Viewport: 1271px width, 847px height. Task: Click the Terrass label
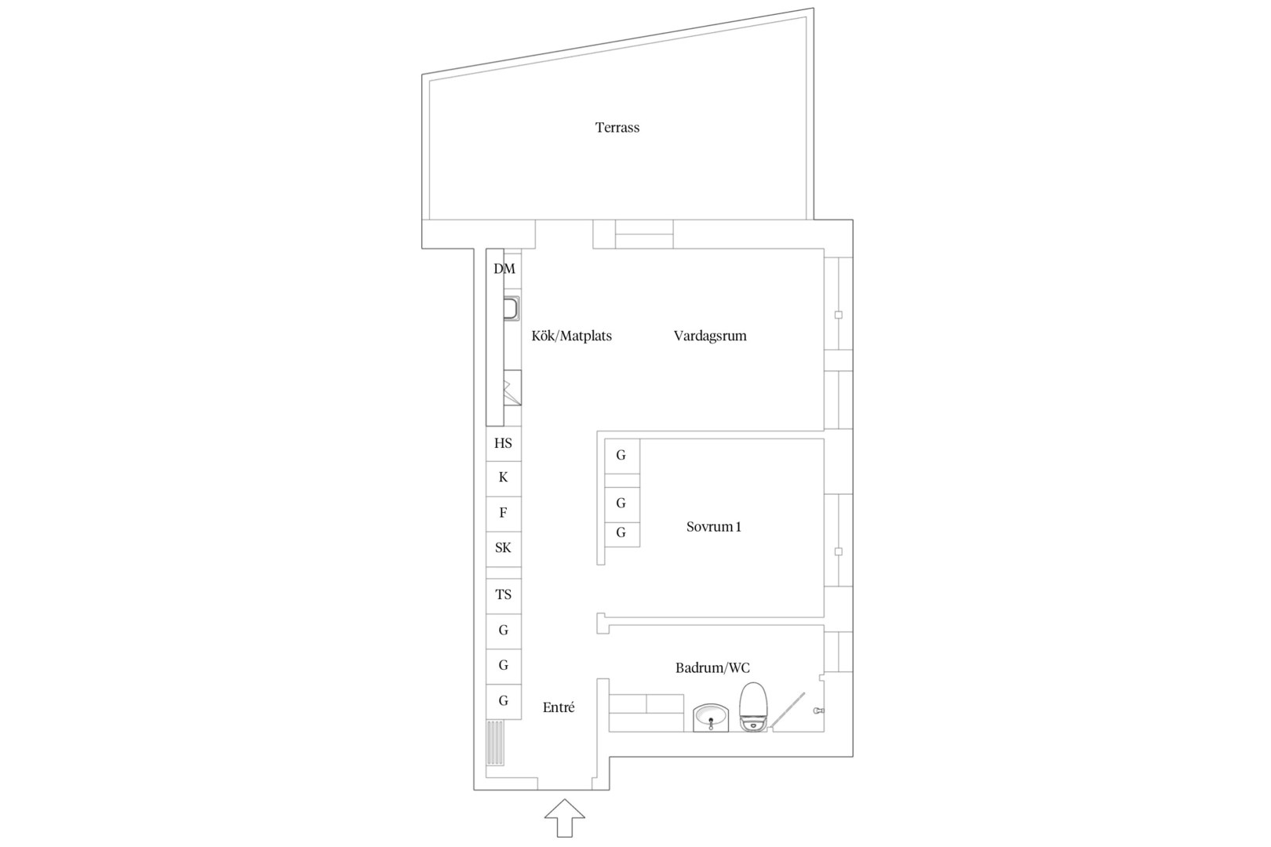tap(617, 128)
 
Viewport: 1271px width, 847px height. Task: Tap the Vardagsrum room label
tap(710, 336)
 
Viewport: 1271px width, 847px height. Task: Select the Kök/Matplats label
tap(571, 336)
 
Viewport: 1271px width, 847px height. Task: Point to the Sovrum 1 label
tap(713, 526)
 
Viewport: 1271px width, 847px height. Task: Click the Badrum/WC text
tap(712, 667)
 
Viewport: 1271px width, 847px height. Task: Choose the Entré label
tap(559, 707)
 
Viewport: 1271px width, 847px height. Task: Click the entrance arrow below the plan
tap(565, 817)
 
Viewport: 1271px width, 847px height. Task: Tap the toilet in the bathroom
tap(753, 707)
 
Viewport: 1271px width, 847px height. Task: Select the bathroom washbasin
tap(710, 718)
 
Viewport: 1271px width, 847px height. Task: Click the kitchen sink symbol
tap(512, 308)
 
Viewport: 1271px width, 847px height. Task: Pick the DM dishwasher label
tap(504, 269)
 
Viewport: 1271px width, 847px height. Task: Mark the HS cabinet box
tap(503, 444)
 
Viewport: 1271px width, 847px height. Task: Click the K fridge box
tap(503, 479)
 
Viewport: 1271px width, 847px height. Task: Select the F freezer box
tap(503, 514)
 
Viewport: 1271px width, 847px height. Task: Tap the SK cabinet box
tap(503, 549)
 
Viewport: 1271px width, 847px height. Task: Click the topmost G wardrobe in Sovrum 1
tap(622, 456)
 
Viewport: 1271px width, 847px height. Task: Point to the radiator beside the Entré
tap(495, 743)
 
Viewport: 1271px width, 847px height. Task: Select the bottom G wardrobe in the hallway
tap(503, 702)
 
